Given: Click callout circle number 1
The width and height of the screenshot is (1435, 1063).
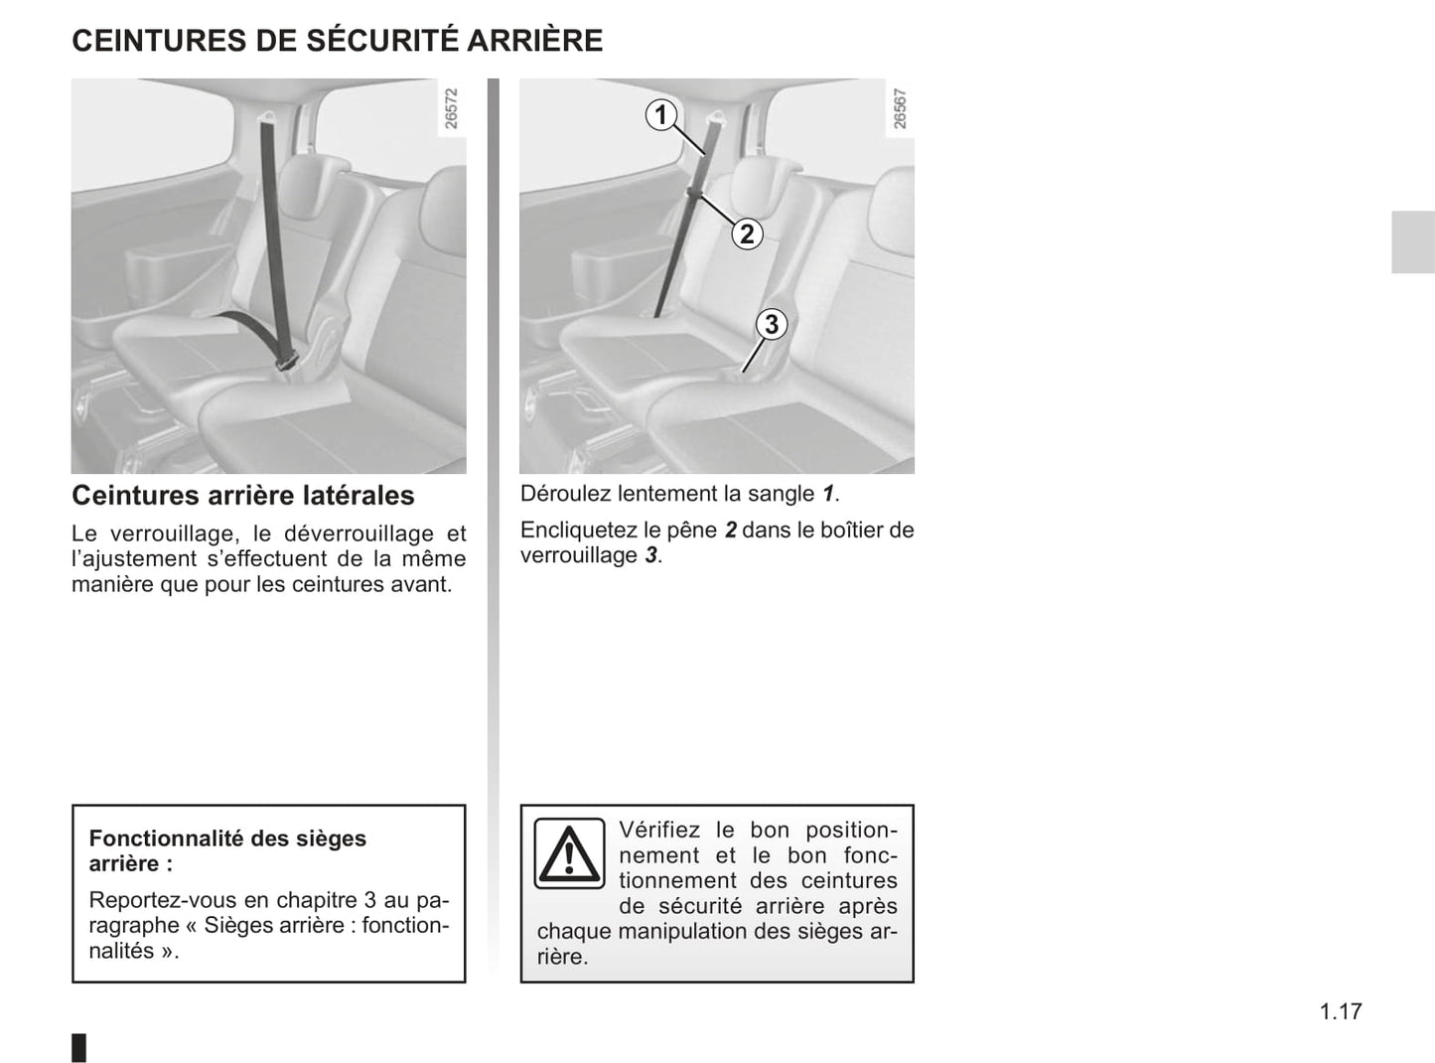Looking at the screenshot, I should point(660,115).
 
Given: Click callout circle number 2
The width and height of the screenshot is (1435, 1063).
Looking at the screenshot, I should point(747,234).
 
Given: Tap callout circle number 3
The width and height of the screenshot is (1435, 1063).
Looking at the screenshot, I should point(771,324).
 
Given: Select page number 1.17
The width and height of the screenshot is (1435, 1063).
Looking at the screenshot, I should point(1341,1011).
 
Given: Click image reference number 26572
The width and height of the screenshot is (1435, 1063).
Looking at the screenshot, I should point(452,108).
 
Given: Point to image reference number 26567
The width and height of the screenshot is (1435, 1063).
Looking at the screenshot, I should point(900,108).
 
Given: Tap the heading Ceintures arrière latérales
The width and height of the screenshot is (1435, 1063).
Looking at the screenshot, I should point(243,495).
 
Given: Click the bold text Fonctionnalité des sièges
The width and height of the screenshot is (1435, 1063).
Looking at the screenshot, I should point(227,838).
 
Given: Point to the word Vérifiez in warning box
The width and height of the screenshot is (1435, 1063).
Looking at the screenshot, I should point(659,830).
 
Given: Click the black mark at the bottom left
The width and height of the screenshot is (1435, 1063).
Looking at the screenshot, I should point(79,1047).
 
